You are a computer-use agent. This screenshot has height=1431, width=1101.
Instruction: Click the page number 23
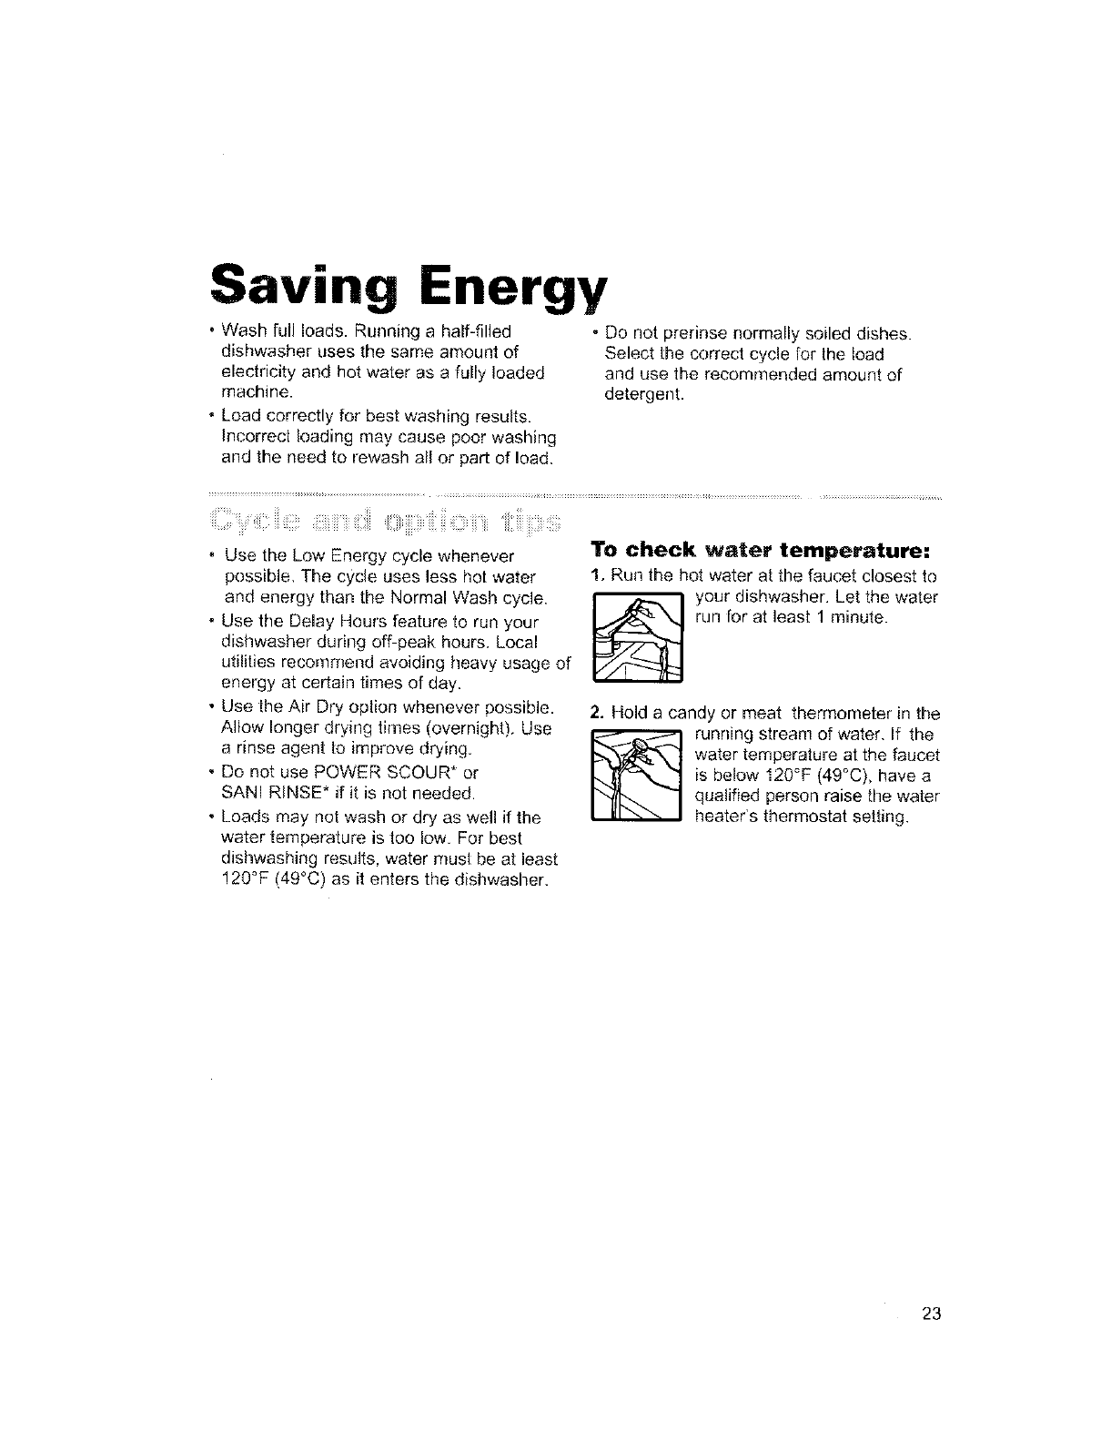point(929,1314)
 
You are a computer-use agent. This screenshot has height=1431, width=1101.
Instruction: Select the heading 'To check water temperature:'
point(759,550)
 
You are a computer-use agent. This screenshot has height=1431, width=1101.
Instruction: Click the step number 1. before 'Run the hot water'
point(596,575)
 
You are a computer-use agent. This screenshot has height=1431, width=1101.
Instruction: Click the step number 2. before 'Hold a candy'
point(597,712)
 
